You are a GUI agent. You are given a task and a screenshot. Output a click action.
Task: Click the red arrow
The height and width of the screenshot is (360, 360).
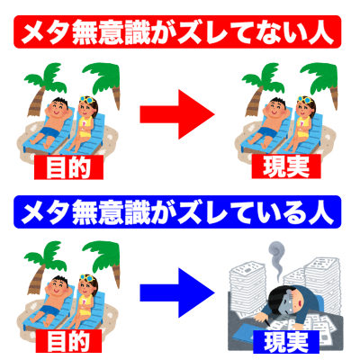click(x=177, y=114)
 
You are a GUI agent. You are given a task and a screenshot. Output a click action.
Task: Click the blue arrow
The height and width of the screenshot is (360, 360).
click(x=177, y=292)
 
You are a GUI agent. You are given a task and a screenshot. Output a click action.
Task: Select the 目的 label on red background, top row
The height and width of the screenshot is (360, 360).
click(x=68, y=167)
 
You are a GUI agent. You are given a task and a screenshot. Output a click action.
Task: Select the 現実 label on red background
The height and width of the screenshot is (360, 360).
click(x=286, y=166)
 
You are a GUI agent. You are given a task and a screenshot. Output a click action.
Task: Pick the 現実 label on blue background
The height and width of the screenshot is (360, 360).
click(x=286, y=341)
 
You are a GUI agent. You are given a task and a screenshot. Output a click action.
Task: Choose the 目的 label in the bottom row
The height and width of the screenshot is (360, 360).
click(x=68, y=341)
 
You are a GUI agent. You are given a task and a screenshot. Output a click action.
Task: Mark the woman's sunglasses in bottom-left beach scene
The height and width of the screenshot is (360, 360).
click(x=86, y=277)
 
